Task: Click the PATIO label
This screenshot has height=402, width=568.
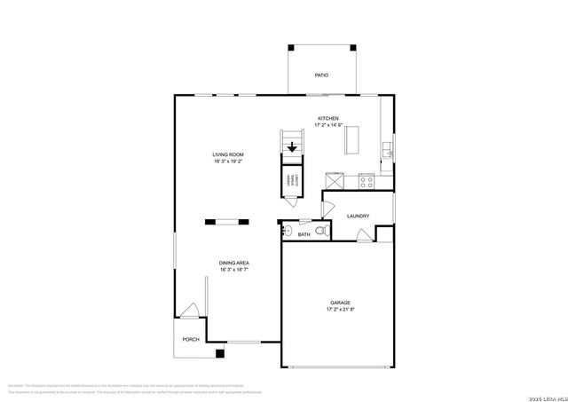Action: click(x=320, y=75)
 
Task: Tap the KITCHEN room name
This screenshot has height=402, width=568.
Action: click(x=328, y=118)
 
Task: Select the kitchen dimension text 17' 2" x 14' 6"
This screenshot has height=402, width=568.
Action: click(x=328, y=125)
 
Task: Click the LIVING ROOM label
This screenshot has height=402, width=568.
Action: click(x=228, y=155)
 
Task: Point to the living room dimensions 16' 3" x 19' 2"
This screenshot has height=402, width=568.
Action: click(x=228, y=162)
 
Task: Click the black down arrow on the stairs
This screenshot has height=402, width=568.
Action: click(x=292, y=147)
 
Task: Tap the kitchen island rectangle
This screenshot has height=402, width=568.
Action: click(x=354, y=140)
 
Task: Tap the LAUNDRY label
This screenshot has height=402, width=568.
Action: click(x=359, y=216)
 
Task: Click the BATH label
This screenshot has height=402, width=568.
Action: click(x=304, y=234)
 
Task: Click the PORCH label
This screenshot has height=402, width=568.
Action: click(x=190, y=339)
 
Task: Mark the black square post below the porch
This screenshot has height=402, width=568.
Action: click(x=220, y=353)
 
